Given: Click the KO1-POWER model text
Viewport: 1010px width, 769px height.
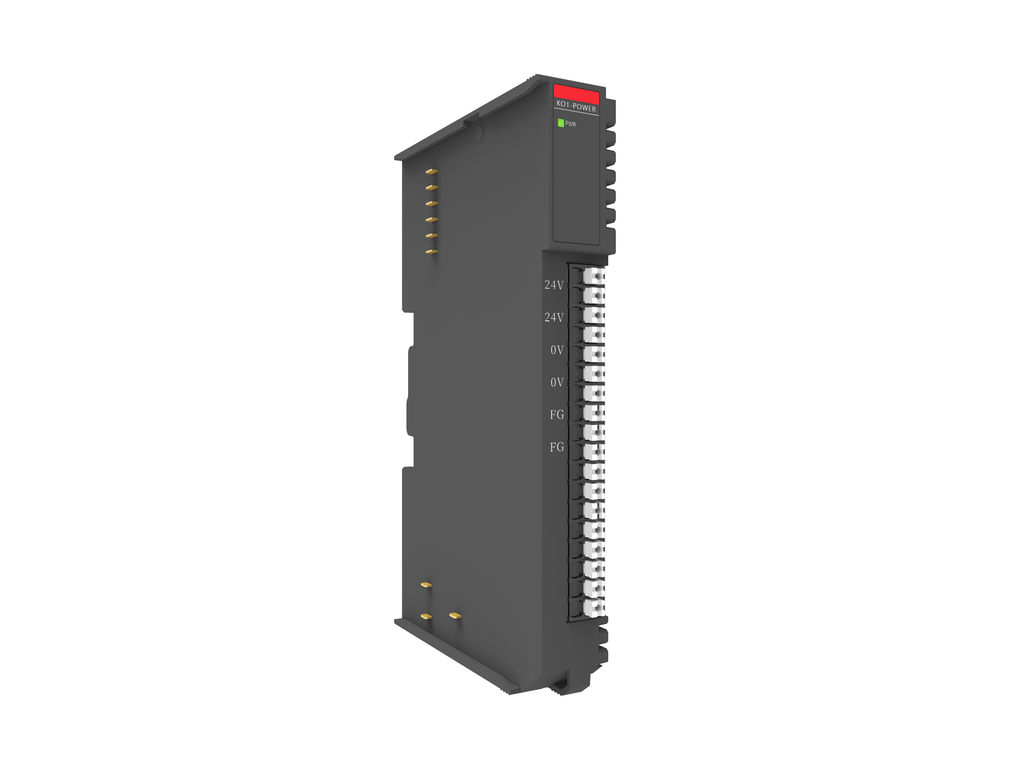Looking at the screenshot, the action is coord(576,107).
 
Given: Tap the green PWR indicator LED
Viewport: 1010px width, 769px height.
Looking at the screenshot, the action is coord(560,123).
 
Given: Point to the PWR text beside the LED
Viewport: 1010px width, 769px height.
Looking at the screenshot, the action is coord(570,124).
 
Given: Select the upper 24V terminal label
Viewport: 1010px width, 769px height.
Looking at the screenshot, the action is coord(553,285).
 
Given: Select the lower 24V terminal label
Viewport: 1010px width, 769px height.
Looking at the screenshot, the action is coord(553,318).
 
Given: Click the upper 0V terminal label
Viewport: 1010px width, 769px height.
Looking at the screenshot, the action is coord(557,350).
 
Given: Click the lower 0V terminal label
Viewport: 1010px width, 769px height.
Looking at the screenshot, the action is coord(557,382).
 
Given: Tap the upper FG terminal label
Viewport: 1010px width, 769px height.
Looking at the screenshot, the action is coord(557,415).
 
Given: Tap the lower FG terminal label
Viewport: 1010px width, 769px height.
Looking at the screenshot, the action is coord(557,447).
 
